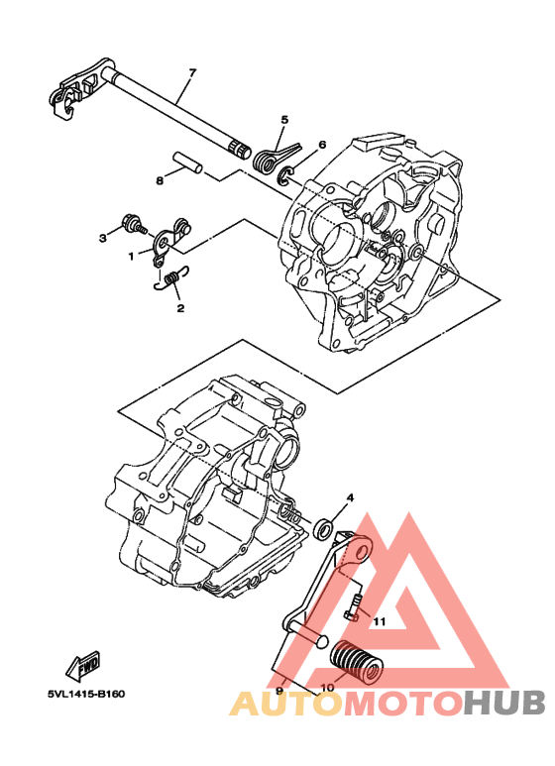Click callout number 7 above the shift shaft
click(x=192, y=72)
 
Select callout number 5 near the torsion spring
click(x=283, y=120)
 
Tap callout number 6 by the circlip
click(x=322, y=144)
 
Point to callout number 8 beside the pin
click(x=159, y=181)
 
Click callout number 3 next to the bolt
click(x=102, y=238)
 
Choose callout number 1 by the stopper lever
click(x=130, y=256)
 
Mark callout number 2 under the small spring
click(x=180, y=308)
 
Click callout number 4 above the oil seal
click(x=349, y=497)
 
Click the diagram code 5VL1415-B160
click(x=85, y=694)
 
